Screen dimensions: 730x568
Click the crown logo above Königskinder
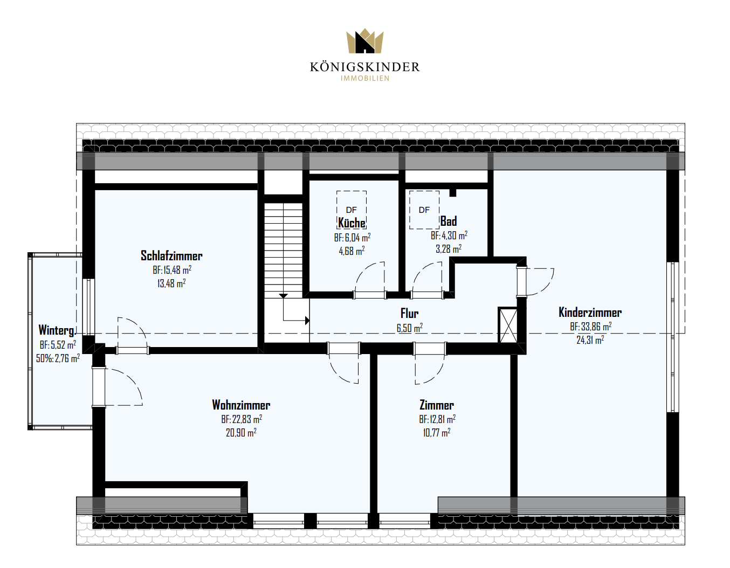(365, 40)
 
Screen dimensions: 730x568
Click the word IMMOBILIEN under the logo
(365, 78)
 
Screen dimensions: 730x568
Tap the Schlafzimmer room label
(171, 256)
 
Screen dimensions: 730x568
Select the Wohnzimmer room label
(241, 405)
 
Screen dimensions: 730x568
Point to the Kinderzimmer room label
(590, 312)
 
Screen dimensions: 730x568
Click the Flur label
(409, 313)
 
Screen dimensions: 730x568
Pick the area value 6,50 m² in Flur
(410, 328)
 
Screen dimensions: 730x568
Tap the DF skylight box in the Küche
(352, 210)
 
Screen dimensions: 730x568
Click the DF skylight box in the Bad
(424, 210)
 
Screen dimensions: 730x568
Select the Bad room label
(448, 221)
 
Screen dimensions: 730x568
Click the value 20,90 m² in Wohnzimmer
(241, 432)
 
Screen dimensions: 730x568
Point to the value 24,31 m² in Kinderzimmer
(590, 340)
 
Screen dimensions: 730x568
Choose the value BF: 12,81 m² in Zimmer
(437, 419)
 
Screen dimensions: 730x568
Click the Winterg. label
(57, 330)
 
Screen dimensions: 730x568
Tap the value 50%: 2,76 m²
(58, 358)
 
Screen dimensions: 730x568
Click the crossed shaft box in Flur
(508, 325)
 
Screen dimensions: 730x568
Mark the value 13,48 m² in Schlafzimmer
(171, 283)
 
